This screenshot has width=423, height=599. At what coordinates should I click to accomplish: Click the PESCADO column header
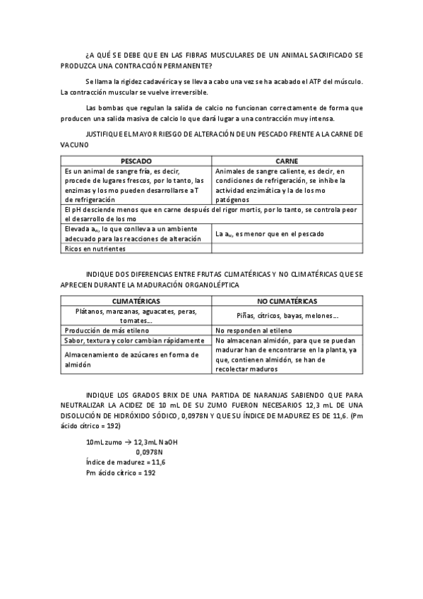tap(136, 161)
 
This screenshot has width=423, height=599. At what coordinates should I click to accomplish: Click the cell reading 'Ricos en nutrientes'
tap(95, 249)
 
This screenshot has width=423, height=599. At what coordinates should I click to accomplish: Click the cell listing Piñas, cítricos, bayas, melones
tap(287, 316)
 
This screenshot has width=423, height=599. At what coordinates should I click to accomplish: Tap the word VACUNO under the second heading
tap(75, 144)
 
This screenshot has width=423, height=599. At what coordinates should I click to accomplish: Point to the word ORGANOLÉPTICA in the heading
tap(208, 285)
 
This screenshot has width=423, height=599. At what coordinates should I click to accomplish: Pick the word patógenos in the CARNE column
tap(234, 201)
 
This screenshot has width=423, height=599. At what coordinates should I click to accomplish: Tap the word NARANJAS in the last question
tap(260, 393)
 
